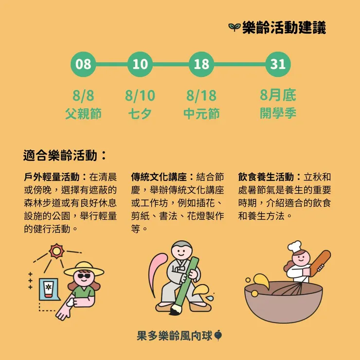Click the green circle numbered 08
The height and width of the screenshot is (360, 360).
[84, 64]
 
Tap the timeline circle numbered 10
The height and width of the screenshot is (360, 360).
[140, 64]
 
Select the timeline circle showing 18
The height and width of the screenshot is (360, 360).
[201, 64]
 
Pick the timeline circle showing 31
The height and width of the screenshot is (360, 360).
[278, 64]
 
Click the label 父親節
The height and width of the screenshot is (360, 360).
[83, 114]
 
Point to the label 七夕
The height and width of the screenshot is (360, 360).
[140, 114]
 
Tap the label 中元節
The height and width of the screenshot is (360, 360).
[201, 114]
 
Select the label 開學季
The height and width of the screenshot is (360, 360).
[278, 113]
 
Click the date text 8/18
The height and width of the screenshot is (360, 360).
[201, 95]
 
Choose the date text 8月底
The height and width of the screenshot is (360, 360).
[278, 95]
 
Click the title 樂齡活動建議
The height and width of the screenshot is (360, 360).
[284, 28]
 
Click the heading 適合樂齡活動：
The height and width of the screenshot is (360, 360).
[65, 156]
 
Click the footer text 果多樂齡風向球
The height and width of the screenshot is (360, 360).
[175, 336]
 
